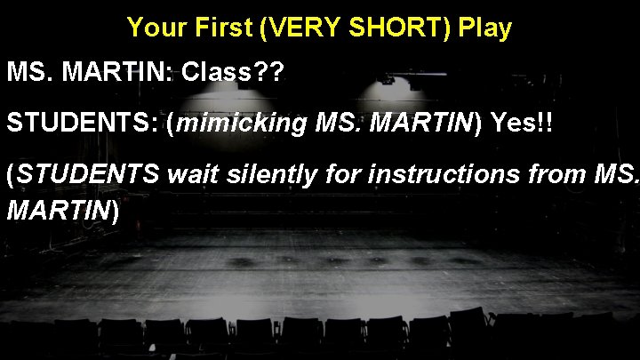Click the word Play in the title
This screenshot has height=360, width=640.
point(485,28)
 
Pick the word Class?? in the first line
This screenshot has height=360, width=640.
point(231,74)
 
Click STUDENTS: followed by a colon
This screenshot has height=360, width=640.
point(82,123)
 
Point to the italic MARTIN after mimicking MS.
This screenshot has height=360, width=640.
point(418,123)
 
